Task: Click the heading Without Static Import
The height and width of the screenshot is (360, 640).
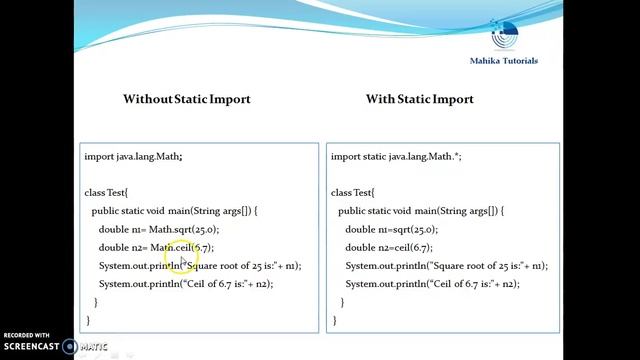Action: pyautogui.click(x=186, y=99)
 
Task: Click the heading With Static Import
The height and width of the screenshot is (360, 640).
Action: pyautogui.click(x=419, y=99)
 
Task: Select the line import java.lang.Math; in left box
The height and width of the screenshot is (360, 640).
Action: pyautogui.click(x=133, y=156)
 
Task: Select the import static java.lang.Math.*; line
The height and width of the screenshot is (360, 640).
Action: pyautogui.click(x=396, y=156)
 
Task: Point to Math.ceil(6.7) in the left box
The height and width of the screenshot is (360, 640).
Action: pyautogui.click(x=181, y=247)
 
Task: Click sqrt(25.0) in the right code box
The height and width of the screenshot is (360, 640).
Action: pyautogui.click(x=410, y=229)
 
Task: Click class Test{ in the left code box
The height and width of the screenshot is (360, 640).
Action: pyautogui.click(x=106, y=192)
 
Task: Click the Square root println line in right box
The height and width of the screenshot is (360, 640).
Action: pyautogui.click(x=446, y=266)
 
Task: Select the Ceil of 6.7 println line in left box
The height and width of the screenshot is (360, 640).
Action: pyautogui.click(x=186, y=284)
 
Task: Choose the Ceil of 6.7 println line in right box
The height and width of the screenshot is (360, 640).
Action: pyautogui.click(x=432, y=284)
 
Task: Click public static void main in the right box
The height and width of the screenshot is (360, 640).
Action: pyautogui.click(x=420, y=211)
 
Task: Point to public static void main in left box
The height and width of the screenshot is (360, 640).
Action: pyautogui.click(x=174, y=211)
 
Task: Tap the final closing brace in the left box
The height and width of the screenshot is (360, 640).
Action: pyautogui.click(x=88, y=320)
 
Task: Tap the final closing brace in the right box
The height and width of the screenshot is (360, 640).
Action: pyautogui.click(x=334, y=320)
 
